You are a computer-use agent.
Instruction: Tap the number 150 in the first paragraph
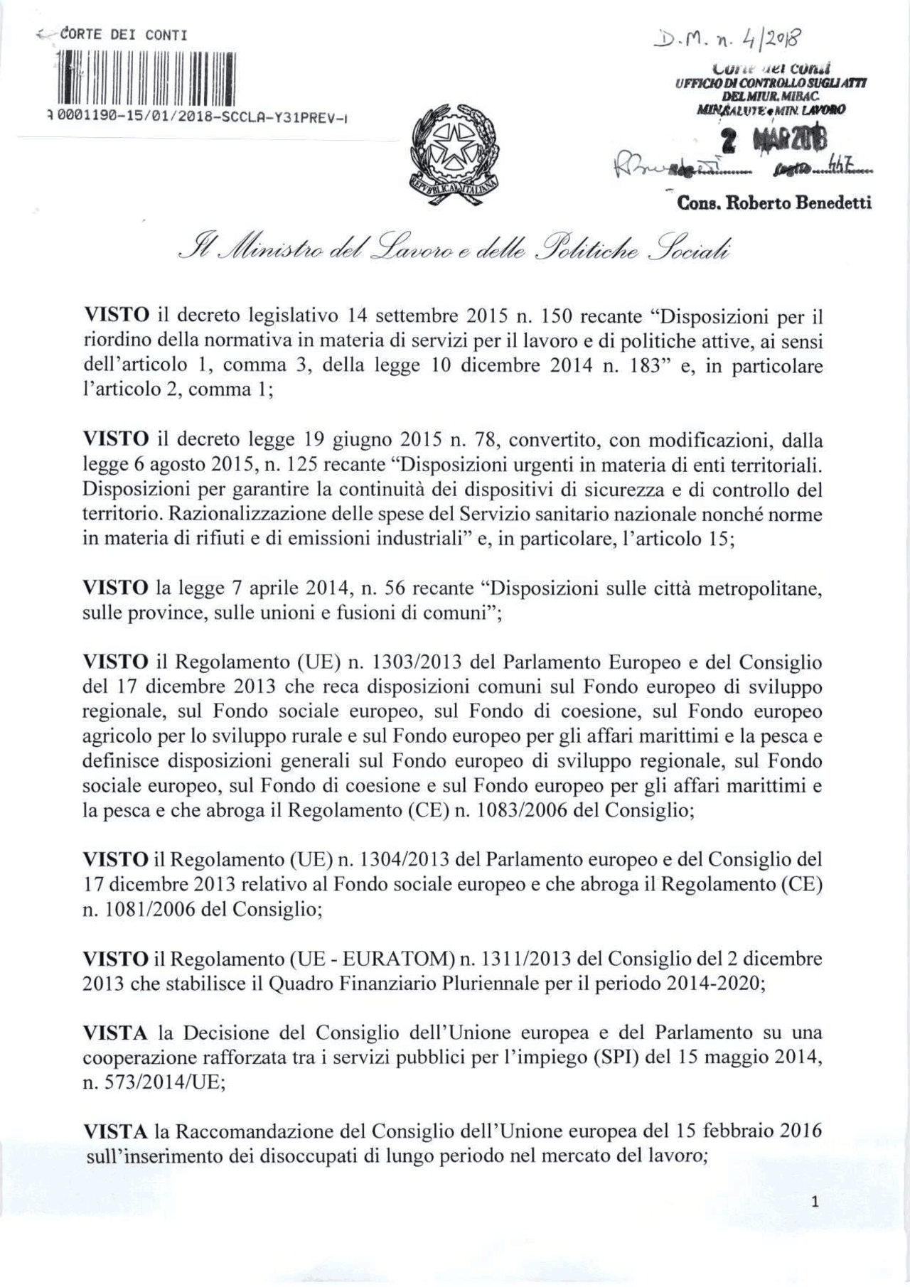click(557, 316)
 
